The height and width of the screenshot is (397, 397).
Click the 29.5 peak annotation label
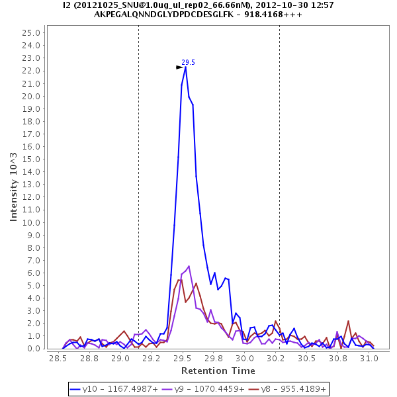[188, 62]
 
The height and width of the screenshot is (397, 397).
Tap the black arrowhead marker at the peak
[179, 67]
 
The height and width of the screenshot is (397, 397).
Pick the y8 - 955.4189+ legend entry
[287, 389]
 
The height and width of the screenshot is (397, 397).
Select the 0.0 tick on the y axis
[36, 349]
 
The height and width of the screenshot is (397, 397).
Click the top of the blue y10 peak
[185, 67]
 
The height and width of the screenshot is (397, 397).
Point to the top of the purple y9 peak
[189, 266]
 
